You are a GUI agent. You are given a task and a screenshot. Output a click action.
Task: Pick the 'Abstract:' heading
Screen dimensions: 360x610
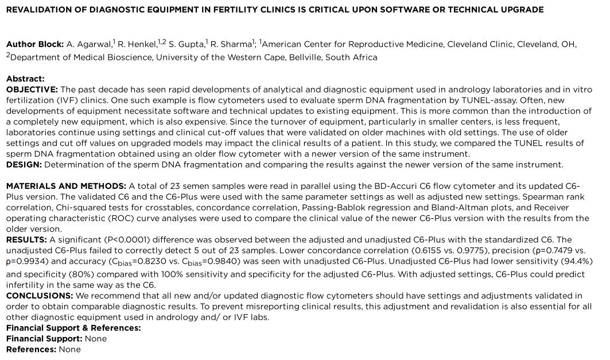coord(25,79)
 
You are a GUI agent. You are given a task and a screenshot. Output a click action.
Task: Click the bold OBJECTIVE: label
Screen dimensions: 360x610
coord(32,90)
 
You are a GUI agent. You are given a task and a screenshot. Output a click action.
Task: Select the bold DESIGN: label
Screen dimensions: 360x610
coord(24,165)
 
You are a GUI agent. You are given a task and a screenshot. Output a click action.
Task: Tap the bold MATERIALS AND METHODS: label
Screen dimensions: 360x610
coord(66,186)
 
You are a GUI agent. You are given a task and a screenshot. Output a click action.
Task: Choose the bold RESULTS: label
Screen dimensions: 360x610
coord(26,240)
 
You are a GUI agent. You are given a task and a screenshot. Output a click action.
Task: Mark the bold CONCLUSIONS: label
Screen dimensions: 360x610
coord(40,296)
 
